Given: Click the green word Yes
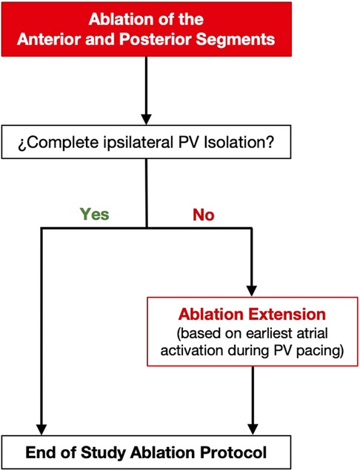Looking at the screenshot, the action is [95, 215].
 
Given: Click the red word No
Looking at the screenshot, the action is [204, 215].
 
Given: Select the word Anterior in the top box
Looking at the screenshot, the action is [50, 39].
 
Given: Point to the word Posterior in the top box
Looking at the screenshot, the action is [156, 39].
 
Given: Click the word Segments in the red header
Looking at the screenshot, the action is [236, 40].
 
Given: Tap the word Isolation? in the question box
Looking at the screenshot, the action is [239, 142].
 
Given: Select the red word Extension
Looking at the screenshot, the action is [287, 315].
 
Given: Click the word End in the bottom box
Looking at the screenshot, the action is [43, 453].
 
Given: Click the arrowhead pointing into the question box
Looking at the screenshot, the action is [146, 119].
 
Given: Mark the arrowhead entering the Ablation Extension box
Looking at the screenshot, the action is [251, 291].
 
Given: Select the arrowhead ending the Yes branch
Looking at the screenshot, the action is [41, 429].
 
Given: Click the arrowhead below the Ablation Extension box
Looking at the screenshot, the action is [253, 429].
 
